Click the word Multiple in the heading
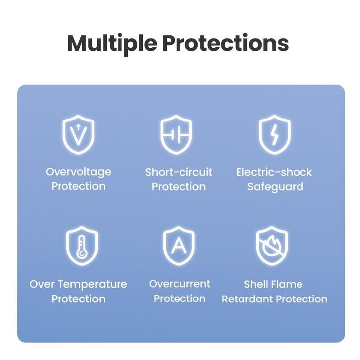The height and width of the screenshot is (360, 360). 112,44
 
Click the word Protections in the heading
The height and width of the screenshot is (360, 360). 226,43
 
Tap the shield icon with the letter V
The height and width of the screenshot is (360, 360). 78,135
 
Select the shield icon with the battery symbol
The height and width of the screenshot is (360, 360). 176,135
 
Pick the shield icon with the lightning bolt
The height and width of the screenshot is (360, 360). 275,135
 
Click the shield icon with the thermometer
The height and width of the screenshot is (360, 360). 82,246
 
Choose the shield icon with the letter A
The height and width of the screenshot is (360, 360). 179,246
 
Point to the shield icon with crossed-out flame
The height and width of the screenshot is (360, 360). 272,246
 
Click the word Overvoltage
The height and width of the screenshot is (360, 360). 78,172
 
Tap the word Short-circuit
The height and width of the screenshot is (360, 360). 179,172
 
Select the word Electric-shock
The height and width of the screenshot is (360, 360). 274,172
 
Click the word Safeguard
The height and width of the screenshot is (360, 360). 276,187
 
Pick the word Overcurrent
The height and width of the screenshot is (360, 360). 180,284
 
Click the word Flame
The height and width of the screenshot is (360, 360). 289,284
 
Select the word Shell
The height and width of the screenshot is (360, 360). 258,284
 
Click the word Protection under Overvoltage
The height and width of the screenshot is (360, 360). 78,186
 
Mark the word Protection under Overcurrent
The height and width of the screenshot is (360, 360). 180,299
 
